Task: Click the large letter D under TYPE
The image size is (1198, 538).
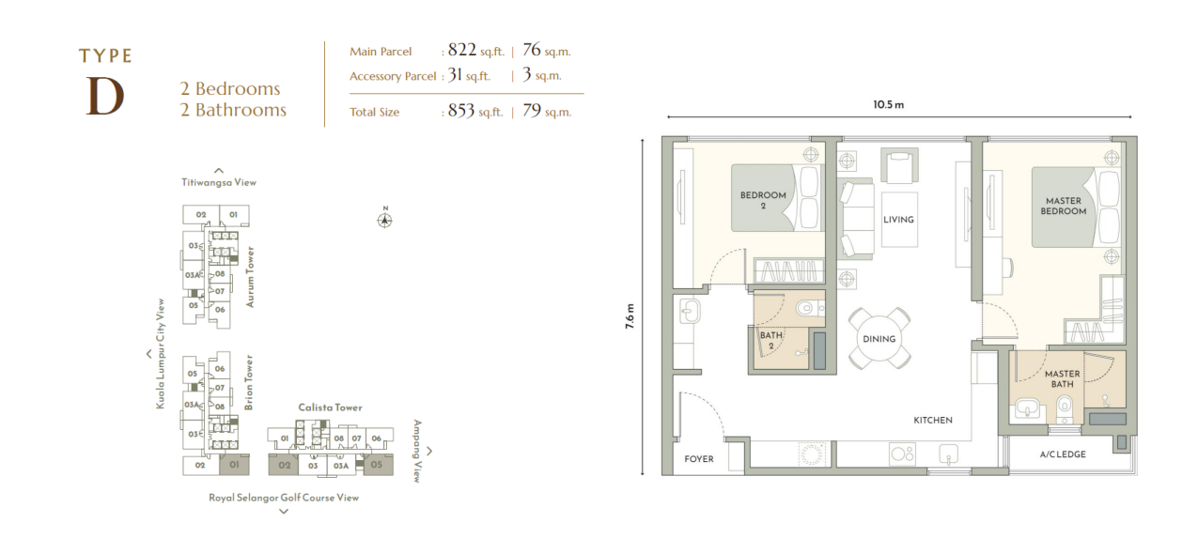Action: pyautogui.click(x=105, y=96)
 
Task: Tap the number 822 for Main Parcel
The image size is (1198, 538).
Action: pyautogui.click(x=462, y=50)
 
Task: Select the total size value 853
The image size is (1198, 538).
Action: pyautogui.click(x=461, y=111)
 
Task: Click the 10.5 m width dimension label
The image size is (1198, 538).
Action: pyautogui.click(x=888, y=105)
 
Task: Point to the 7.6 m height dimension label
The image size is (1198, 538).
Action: pyautogui.click(x=630, y=316)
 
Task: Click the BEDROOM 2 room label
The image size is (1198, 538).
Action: pyautogui.click(x=763, y=200)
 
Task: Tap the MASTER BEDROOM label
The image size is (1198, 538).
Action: pyautogui.click(x=1064, y=206)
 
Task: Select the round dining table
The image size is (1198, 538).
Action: pyautogui.click(x=879, y=338)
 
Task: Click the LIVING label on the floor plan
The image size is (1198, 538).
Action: pyautogui.click(x=898, y=220)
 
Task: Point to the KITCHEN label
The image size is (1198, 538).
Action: pyautogui.click(x=933, y=420)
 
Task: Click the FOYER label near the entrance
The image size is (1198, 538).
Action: pyautogui.click(x=698, y=458)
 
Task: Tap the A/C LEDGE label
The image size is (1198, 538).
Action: pyautogui.click(x=1063, y=454)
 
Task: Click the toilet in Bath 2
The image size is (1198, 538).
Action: pyautogui.click(x=810, y=308)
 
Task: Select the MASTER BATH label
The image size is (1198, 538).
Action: pyautogui.click(x=1062, y=378)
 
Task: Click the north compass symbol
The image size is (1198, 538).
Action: pyautogui.click(x=385, y=220)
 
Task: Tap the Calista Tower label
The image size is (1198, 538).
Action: pyautogui.click(x=330, y=407)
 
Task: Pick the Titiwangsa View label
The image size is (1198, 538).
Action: pyautogui.click(x=219, y=182)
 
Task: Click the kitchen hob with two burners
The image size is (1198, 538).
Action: pyautogui.click(x=903, y=454)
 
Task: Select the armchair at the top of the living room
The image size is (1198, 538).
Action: pyautogui.click(x=899, y=164)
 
